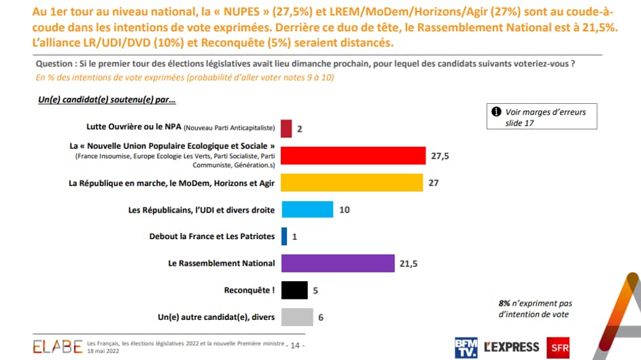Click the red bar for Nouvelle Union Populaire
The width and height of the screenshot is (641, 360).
[x=353, y=156]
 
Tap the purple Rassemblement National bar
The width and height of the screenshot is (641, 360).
[x=338, y=263]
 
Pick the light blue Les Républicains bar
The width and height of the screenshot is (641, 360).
[x=307, y=209]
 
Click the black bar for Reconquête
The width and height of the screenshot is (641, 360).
[x=294, y=290]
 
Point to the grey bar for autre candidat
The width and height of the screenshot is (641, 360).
[x=297, y=317]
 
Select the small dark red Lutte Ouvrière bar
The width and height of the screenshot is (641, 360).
[x=286, y=128]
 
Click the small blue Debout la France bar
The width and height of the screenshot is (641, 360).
[x=284, y=236]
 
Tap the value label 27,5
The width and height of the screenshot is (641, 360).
[x=440, y=156]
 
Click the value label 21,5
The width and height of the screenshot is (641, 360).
[x=409, y=264]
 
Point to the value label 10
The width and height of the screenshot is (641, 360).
[x=345, y=210]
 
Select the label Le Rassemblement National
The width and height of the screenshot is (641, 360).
[x=222, y=263]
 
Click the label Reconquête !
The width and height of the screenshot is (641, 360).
[x=249, y=290]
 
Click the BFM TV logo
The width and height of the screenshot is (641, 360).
[x=466, y=346]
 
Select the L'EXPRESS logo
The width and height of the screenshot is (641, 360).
[x=512, y=346]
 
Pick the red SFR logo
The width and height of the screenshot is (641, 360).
[x=557, y=346]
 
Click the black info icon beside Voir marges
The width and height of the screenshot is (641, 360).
[x=496, y=112]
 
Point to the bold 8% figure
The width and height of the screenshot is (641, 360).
[x=504, y=303]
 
